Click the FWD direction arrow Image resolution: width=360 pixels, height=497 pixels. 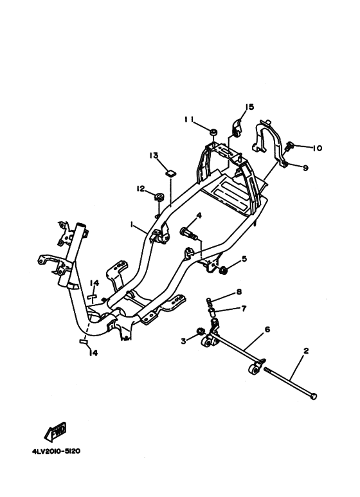pyautogui.click(x=55, y=432)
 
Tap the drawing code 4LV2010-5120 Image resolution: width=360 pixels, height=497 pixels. pyautogui.click(x=56, y=451)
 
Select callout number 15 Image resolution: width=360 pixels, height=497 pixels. pyautogui.click(x=249, y=107)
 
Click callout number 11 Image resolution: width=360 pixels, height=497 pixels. pyautogui.click(x=189, y=120)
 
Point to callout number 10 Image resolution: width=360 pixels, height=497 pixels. pyautogui.click(x=317, y=148)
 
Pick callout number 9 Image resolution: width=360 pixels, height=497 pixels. pyautogui.click(x=305, y=168)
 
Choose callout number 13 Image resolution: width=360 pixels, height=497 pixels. pyautogui.click(x=154, y=156)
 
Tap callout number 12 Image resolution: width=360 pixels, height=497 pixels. pyautogui.click(x=141, y=189)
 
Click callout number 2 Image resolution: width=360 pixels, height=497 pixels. pyautogui.click(x=306, y=351)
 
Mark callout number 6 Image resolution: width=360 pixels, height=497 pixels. pyautogui.click(x=267, y=330)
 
